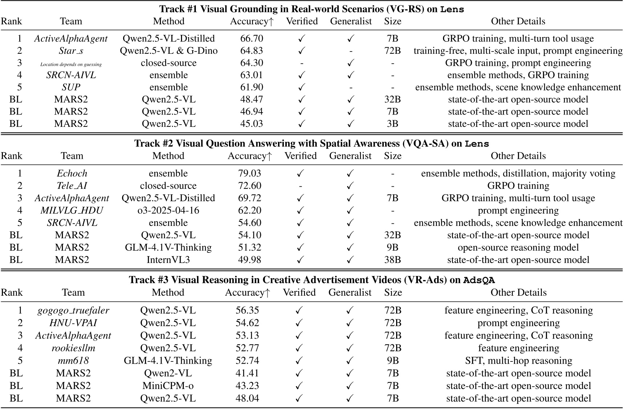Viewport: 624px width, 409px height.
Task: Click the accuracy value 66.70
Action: point(251,39)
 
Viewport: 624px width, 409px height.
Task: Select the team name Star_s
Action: point(71,51)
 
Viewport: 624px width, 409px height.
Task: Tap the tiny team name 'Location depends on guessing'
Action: point(71,64)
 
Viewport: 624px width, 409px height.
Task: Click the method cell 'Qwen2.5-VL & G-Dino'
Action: point(169,51)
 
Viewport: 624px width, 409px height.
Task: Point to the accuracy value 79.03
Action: point(249,174)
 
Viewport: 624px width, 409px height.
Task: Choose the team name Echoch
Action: point(72,174)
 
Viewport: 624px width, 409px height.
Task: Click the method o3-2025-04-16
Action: point(168,211)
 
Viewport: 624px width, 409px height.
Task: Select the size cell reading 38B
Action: point(392,260)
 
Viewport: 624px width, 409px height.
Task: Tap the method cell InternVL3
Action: point(168,260)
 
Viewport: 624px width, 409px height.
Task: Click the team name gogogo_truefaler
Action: point(73,311)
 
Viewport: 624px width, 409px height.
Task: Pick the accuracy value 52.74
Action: point(247,361)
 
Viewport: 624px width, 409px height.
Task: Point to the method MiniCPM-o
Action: point(168,386)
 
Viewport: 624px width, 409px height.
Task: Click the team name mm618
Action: point(73,361)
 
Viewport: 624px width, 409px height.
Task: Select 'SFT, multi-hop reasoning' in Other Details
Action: point(519,361)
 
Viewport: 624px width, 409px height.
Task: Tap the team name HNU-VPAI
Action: point(73,323)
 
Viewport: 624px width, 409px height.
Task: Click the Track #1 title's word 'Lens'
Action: point(452,9)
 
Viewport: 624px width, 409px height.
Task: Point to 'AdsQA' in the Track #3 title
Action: point(479,280)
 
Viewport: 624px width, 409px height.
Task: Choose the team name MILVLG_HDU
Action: point(72,211)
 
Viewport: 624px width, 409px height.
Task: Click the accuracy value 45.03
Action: point(251,124)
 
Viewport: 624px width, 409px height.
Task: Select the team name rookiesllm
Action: point(73,348)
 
